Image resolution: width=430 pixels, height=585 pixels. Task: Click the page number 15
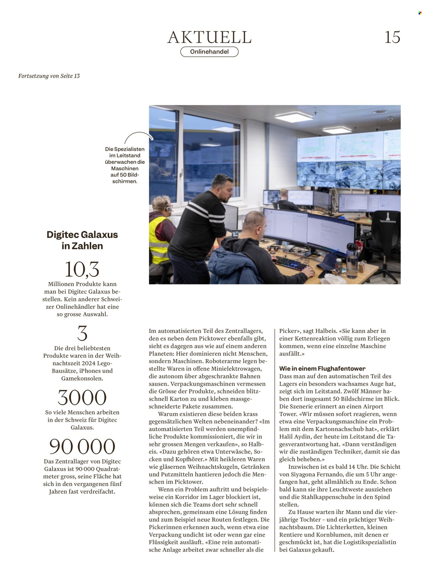pyautogui.click(x=392, y=37)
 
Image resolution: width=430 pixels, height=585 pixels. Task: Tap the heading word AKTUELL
pyautogui.click(x=209, y=37)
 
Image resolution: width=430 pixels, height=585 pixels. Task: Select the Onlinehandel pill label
pyautogui.click(x=209, y=52)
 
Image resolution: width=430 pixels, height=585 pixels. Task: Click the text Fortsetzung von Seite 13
pyautogui.click(x=49, y=76)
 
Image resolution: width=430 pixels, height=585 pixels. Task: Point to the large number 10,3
pyautogui.click(x=82, y=269)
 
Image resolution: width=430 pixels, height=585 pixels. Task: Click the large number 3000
pyautogui.click(x=82, y=398)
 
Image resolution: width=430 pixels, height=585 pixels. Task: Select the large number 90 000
pyautogui.click(x=82, y=446)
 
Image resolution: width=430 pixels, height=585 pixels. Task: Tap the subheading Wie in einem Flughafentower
pyautogui.click(x=322, y=368)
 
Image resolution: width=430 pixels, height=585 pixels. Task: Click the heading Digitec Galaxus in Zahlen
pyautogui.click(x=82, y=240)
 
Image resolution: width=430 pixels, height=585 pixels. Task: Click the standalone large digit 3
pyautogui.click(x=82, y=333)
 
